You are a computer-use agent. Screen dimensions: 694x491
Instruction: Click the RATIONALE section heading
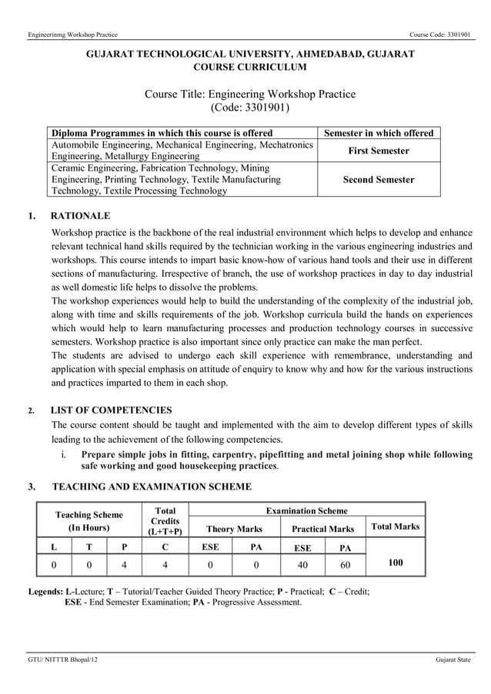coord(80,216)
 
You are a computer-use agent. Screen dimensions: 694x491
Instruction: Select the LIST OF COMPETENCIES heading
coord(111,410)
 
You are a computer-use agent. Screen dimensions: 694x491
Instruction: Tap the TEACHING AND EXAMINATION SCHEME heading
coord(151,486)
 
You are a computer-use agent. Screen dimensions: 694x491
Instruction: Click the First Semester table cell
coord(379,151)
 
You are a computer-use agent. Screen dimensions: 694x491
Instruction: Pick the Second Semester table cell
coord(379,180)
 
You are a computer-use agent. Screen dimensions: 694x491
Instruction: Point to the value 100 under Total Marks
coord(395,563)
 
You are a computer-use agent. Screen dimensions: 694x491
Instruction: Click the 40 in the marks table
coord(302,564)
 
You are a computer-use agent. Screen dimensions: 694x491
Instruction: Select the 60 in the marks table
coord(345,564)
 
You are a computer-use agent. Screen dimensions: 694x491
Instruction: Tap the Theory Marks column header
coord(234,529)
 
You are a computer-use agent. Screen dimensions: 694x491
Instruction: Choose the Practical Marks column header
coord(322,529)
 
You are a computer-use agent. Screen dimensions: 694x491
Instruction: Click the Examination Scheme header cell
coord(306,510)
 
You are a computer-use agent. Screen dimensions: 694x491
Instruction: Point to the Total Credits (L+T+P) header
coord(165,521)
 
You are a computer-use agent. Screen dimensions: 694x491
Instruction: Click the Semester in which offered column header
coord(379,133)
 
